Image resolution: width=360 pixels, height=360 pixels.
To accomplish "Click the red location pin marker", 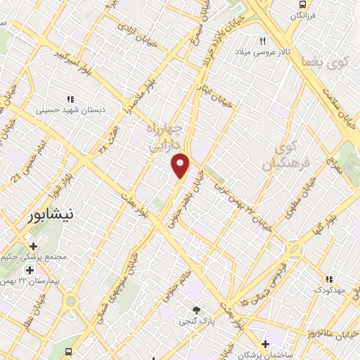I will (x=181, y=165).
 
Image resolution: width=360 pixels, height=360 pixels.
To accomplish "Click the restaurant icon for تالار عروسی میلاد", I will (x=263, y=41).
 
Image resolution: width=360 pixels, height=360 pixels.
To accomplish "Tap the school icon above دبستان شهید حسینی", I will (x=70, y=99).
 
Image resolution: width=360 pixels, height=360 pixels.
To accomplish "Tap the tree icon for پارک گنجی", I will (x=196, y=310).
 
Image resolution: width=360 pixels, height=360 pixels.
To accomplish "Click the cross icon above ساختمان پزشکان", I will (x=265, y=344).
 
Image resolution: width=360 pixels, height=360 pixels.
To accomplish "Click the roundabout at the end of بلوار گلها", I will (x=292, y=249).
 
